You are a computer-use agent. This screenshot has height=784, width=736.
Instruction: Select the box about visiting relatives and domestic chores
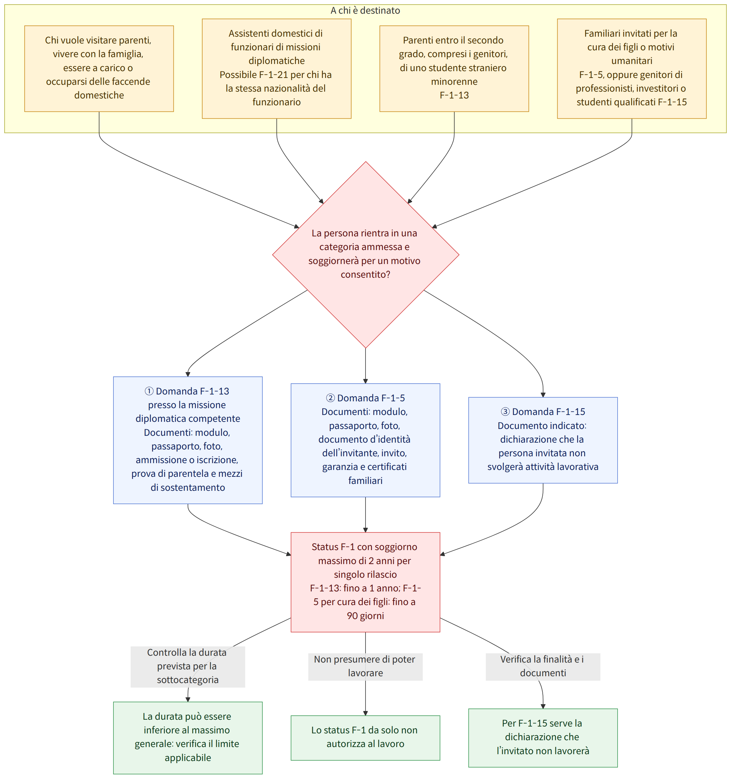click(99, 69)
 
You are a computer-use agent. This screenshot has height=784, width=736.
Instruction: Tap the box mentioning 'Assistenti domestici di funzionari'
click(277, 69)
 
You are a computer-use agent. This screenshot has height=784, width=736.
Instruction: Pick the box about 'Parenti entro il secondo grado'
click(454, 69)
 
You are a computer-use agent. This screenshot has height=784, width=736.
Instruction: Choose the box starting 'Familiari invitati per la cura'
click(632, 69)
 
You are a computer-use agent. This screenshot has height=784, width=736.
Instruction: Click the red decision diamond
click(366, 255)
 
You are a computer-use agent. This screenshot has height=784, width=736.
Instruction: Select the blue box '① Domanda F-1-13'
click(188, 440)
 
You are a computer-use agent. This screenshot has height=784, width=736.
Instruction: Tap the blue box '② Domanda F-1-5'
click(366, 440)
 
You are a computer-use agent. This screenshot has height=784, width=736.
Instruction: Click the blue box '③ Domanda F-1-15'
click(543, 440)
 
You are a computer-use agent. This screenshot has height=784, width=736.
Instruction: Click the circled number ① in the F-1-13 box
click(149, 391)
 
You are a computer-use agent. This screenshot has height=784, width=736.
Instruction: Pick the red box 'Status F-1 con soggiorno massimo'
click(366, 582)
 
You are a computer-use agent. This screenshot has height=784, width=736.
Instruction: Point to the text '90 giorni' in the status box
click(366, 616)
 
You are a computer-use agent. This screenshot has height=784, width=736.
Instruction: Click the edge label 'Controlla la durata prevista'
click(188, 666)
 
